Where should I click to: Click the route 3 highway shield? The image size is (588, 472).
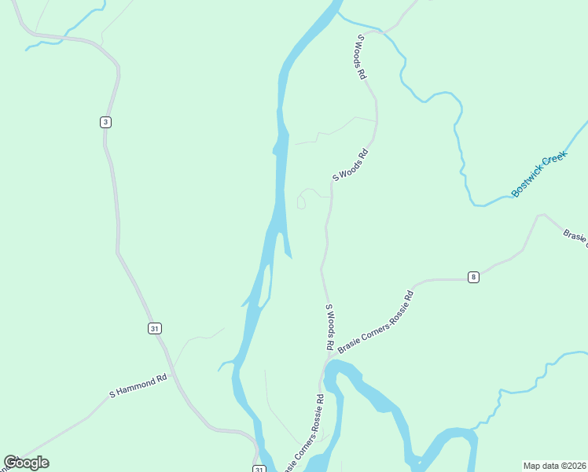(105, 121)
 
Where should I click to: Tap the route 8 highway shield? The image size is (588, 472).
(472, 277)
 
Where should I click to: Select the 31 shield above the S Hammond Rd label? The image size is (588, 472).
(154, 328)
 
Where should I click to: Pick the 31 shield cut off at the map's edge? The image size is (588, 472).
(259, 469)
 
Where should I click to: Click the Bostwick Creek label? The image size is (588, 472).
(538, 175)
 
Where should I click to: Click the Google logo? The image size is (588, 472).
(26, 463)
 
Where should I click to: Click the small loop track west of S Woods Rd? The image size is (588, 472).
(301, 204)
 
